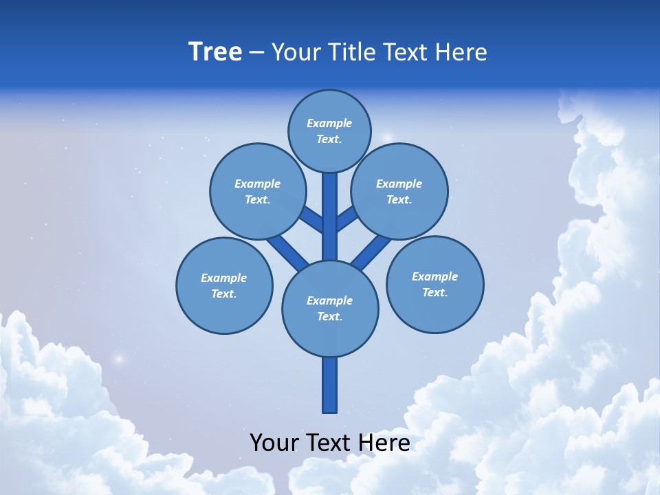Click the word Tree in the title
pyautogui.click(x=215, y=52)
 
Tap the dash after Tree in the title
pyautogui.click(x=256, y=52)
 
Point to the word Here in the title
pyautogui.click(x=461, y=52)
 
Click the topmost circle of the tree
pyautogui.click(x=329, y=131)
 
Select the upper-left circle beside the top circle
pyautogui.click(x=257, y=191)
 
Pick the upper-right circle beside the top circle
pyautogui.click(x=399, y=191)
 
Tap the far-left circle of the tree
pyautogui.click(x=224, y=285)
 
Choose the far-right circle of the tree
pyautogui.click(x=434, y=284)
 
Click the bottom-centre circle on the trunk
pyautogui.click(x=330, y=308)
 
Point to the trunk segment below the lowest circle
pyautogui.click(x=330, y=385)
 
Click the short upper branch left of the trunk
pyautogui.click(x=311, y=219)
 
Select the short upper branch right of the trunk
pyautogui.click(x=347, y=219)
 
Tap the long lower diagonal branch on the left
pyautogui.click(x=287, y=251)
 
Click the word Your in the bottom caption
pyautogui.click(x=274, y=442)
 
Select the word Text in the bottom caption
pyautogui.click(x=327, y=442)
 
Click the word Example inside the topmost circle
pyautogui.click(x=329, y=123)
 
